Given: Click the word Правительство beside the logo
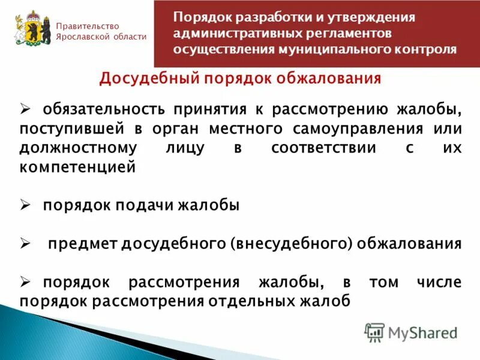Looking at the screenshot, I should click(88, 26).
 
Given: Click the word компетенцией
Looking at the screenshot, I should click(78, 167).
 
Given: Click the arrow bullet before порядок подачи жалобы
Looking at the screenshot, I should click(25, 206).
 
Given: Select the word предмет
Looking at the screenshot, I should click(83, 244).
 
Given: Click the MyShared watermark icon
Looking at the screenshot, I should click(374, 332).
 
